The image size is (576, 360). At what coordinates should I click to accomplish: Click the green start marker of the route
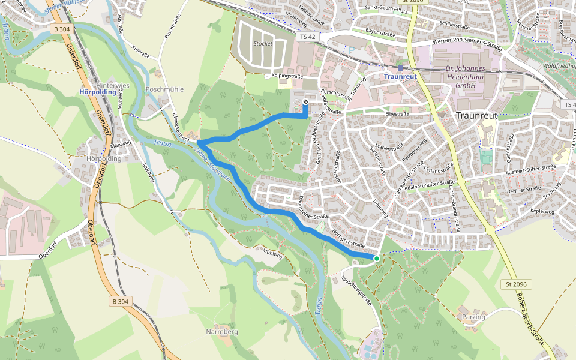377,259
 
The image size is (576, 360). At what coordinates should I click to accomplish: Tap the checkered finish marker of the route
306,102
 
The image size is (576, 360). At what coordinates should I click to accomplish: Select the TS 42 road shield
307,37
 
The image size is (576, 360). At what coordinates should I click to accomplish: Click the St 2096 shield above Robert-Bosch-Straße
515,284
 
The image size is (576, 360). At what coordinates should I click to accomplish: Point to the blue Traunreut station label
400,77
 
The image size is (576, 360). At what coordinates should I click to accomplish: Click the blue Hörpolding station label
97,92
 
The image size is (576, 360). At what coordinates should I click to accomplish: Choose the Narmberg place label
222,332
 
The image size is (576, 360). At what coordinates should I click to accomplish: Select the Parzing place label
473,316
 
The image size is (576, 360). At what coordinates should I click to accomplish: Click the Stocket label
263,44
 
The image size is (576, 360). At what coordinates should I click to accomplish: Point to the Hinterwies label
113,86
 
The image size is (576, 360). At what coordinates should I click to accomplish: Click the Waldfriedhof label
558,65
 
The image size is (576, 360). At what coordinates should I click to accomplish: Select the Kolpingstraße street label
287,76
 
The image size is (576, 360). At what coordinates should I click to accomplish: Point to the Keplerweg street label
544,211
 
